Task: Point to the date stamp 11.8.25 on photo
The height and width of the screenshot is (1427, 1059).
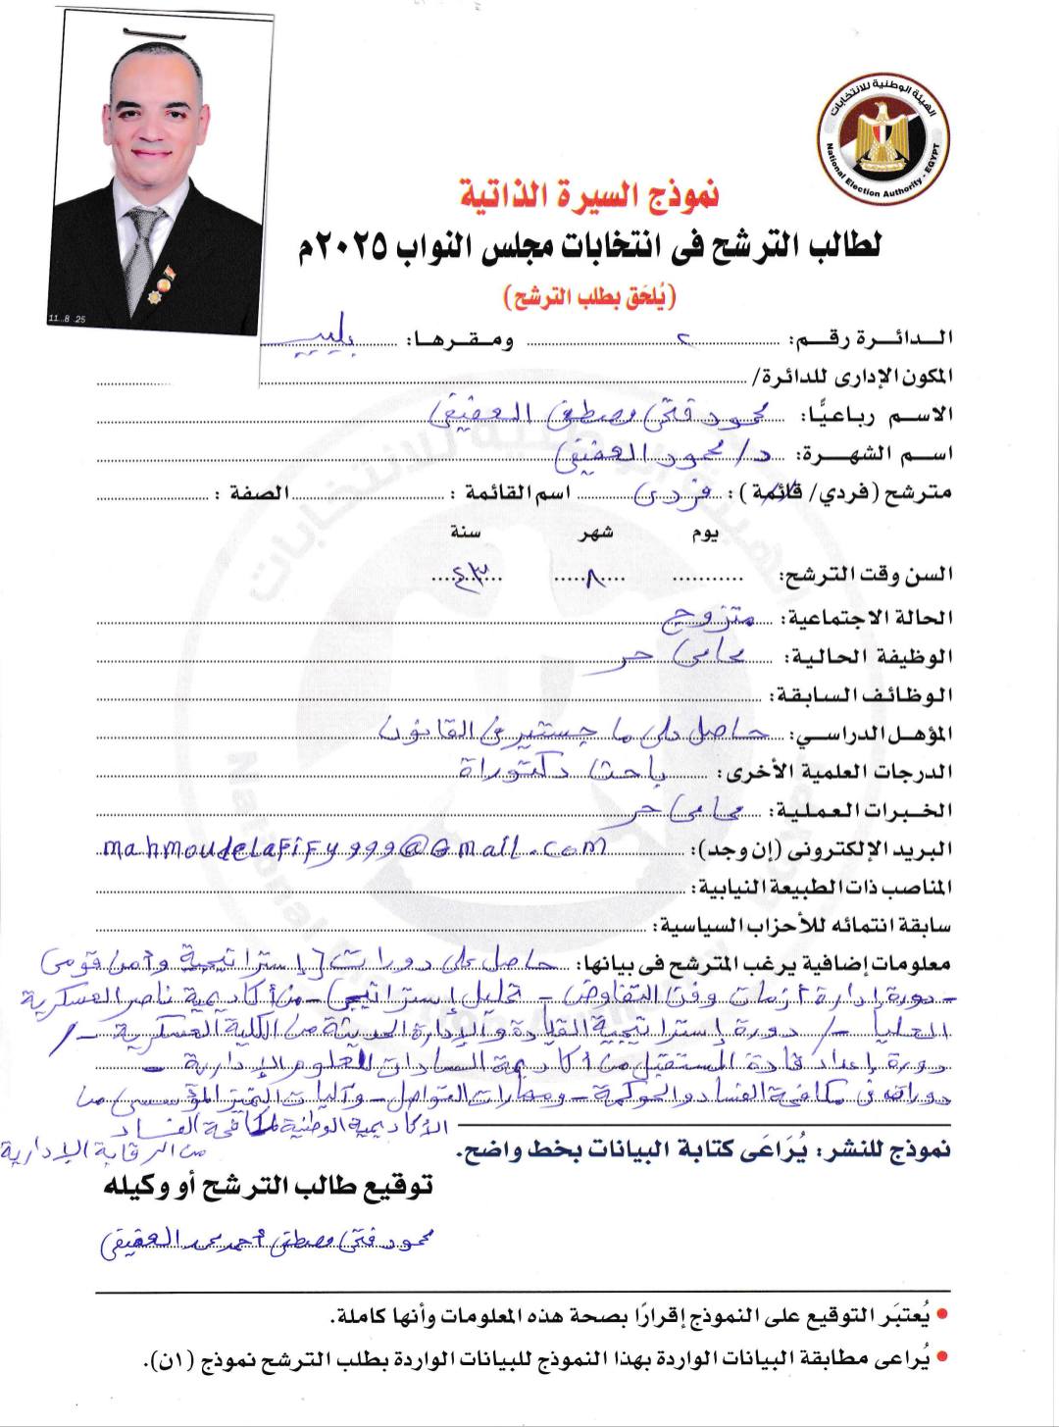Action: click(x=67, y=320)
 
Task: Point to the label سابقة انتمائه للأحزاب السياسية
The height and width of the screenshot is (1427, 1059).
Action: click(x=805, y=925)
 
